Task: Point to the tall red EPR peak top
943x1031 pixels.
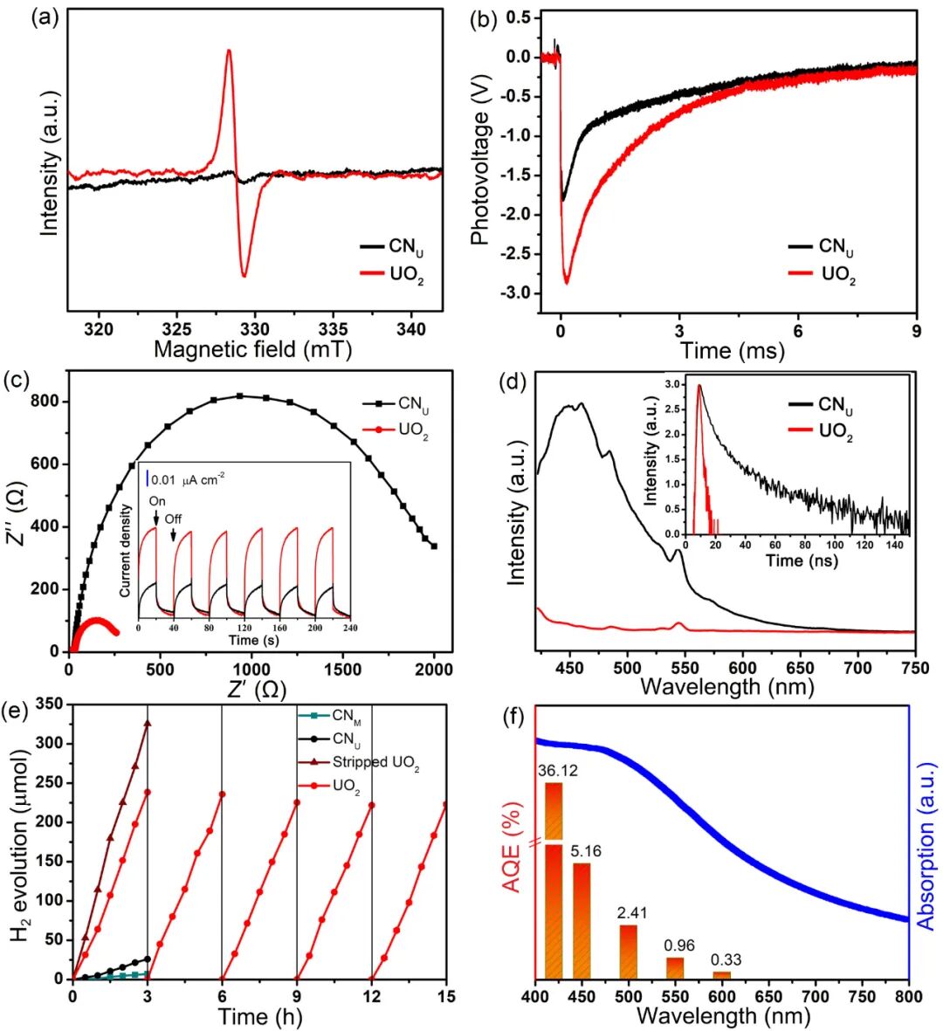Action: pos(229,51)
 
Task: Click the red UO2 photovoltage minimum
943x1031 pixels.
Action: pos(566,282)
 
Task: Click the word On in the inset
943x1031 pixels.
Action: pos(157,502)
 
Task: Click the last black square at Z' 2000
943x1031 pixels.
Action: pos(434,546)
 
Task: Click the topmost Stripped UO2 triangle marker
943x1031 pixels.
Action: pos(148,723)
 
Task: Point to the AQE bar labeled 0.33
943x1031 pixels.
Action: pos(721,974)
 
